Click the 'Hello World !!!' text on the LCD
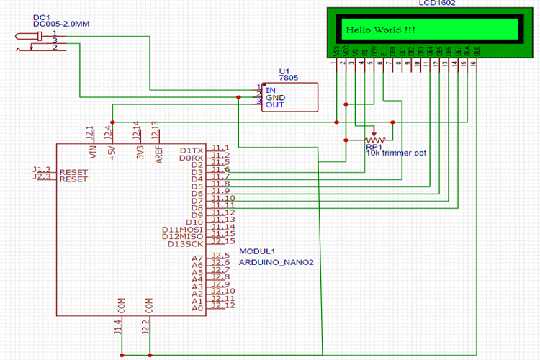click(380, 30)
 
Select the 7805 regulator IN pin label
click(271, 90)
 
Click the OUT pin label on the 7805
click(274, 105)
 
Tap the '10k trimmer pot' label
click(395, 153)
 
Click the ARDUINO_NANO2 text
click(276, 262)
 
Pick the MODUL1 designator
click(257, 251)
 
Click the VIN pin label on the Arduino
click(91, 151)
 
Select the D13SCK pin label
click(185, 243)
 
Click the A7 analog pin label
click(197, 258)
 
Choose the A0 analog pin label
click(197, 308)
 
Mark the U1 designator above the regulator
click(283, 71)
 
